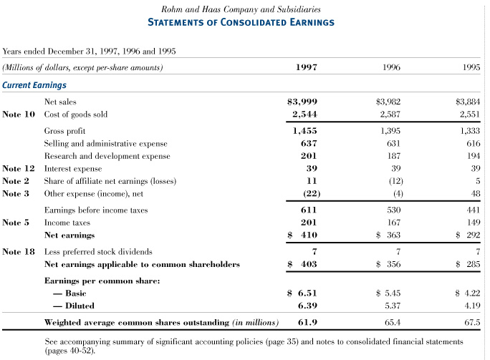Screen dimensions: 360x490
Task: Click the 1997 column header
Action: point(306,68)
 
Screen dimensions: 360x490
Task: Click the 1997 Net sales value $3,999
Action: point(302,102)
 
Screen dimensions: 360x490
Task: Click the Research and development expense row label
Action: point(107,156)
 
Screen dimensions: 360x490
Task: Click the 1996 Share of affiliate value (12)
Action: point(390,181)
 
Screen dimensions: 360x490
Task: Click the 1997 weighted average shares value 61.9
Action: point(307,323)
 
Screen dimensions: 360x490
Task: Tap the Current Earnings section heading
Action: point(34,85)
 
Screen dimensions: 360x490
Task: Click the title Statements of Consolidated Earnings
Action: point(241,22)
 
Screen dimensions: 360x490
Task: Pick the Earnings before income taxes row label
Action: point(96,210)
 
